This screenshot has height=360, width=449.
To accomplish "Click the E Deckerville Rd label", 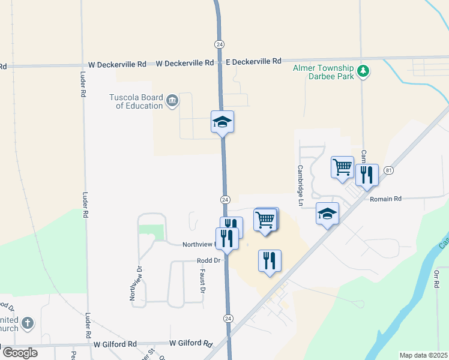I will [253, 61].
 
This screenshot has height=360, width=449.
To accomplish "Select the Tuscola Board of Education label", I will [136, 101].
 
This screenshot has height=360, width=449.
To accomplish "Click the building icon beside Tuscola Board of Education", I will [172, 100].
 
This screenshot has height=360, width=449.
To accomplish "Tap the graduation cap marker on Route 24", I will [222, 122].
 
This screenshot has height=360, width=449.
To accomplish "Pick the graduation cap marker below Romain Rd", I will [328, 214].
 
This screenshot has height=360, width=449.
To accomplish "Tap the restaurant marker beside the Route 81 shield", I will [367, 175].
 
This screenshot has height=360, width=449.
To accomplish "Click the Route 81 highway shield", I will [389, 170].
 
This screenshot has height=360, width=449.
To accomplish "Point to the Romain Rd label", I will [385, 199].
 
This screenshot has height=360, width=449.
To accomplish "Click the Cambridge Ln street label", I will [300, 182].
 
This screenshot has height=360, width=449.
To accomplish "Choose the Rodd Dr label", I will [209, 260].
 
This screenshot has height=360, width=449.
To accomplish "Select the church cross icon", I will [28, 324].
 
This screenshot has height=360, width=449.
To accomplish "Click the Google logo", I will [20, 353].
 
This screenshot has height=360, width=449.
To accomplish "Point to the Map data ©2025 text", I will [423, 355].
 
